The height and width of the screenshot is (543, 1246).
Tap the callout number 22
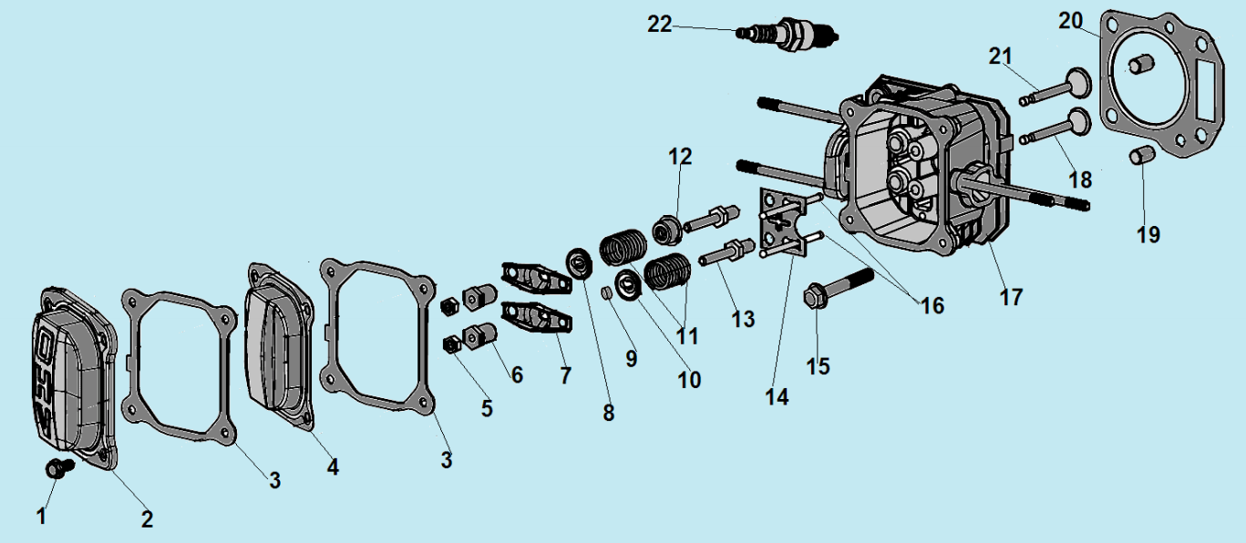[x=659, y=25]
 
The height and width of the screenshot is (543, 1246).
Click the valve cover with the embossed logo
[x=73, y=374]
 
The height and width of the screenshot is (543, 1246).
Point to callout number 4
[x=333, y=467]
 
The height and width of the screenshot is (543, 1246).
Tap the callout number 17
[x=1011, y=297]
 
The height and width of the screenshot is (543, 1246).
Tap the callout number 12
[x=680, y=157]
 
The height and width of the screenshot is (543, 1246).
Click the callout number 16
[x=932, y=306]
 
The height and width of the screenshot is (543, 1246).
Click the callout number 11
[x=687, y=336]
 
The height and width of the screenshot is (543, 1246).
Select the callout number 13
[x=743, y=320]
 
